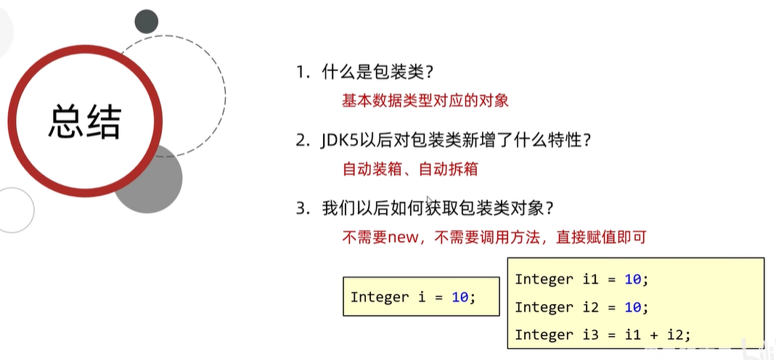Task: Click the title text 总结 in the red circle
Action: coord(84,122)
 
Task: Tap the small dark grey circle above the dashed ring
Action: coord(146,22)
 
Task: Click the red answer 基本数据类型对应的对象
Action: coord(425,100)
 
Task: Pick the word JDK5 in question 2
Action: coord(338,140)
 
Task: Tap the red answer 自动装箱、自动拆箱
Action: coord(410,169)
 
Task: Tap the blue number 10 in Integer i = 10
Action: coord(460,297)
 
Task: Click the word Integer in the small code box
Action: coord(380,297)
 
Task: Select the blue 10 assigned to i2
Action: coord(632,307)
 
